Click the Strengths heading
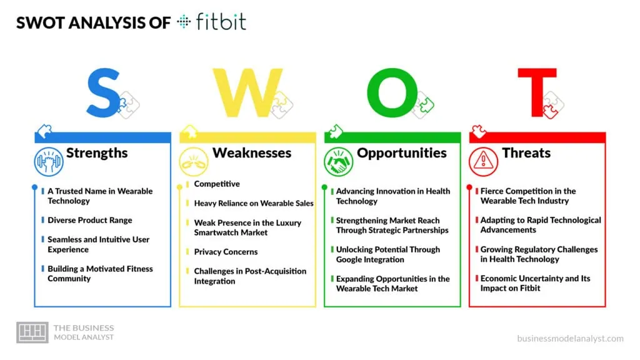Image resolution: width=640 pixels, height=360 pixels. [97, 153]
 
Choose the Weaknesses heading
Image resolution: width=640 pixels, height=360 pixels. [252, 153]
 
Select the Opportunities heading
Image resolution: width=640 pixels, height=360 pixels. [401, 153]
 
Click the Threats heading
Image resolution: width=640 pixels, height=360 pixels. [526, 153]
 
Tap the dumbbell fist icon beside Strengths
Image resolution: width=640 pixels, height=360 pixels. [49, 160]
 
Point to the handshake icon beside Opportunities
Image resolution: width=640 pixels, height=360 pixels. [339, 160]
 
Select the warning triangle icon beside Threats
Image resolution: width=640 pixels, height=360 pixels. [484, 160]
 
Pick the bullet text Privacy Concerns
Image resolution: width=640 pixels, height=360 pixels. [226, 252]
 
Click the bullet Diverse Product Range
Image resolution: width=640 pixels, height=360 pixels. [90, 220]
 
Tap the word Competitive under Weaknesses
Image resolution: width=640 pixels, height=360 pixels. [217, 184]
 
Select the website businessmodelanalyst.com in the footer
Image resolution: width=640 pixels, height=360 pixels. [570, 338]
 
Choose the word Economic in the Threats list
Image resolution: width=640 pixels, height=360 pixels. [500, 279]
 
